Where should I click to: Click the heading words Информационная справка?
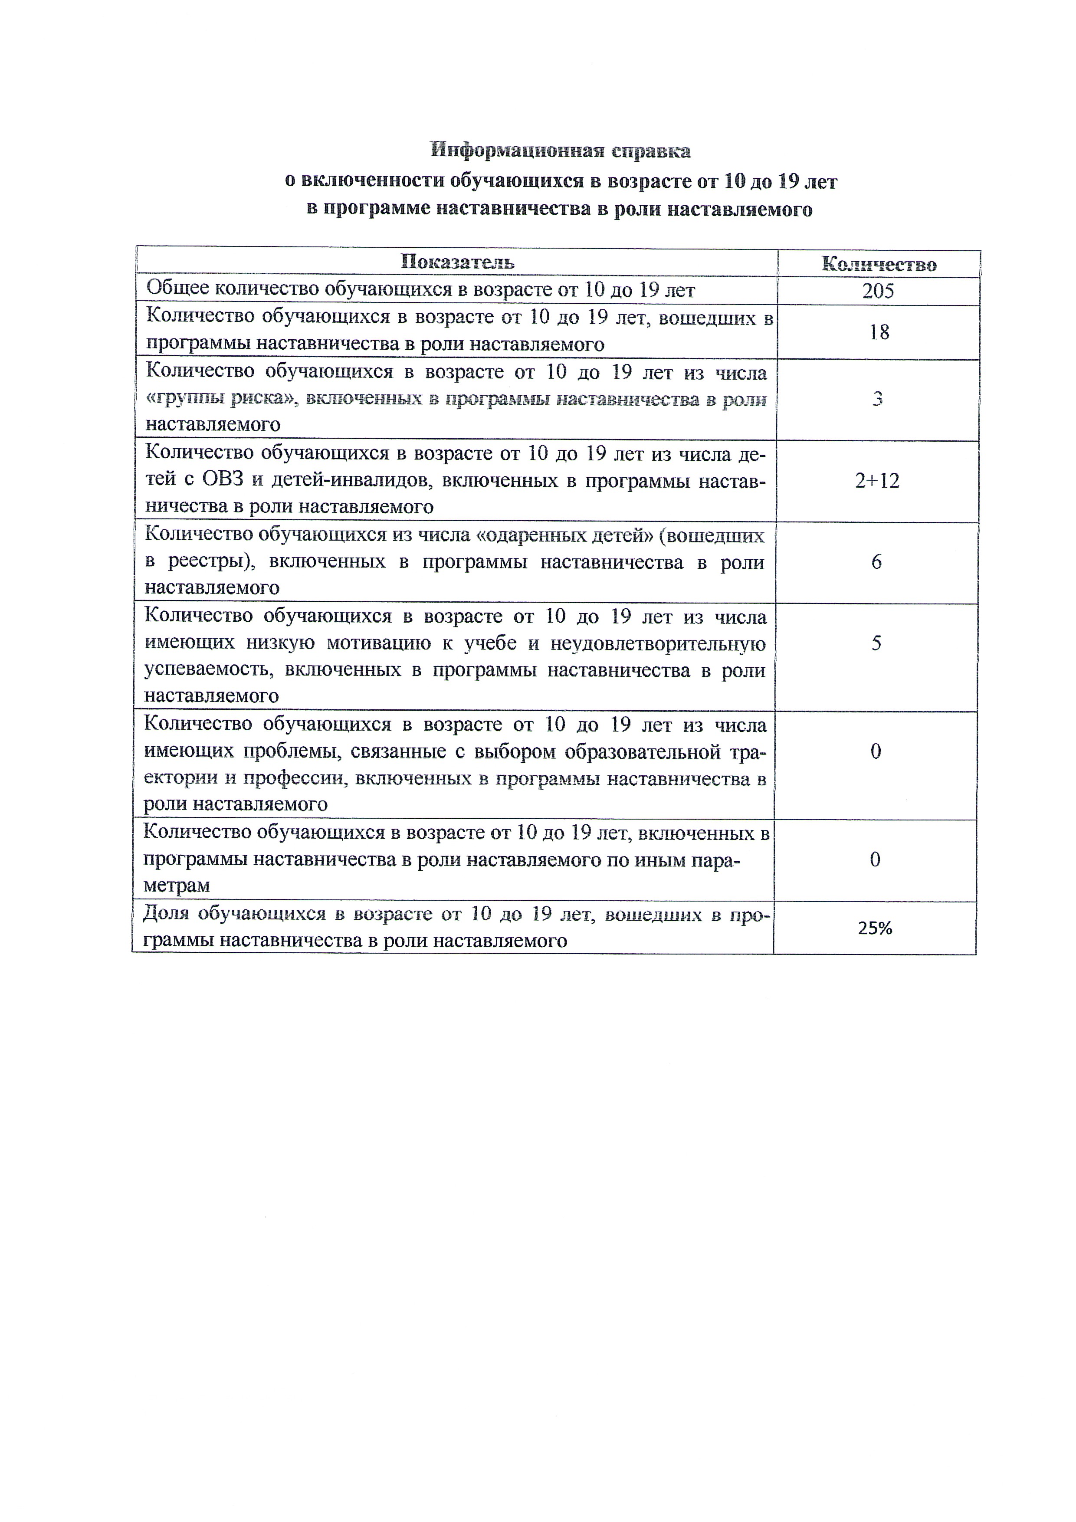[560, 151]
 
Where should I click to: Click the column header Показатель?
[457, 262]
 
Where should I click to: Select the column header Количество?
[879, 265]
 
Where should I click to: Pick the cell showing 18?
[879, 332]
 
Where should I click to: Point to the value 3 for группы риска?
[877, 399]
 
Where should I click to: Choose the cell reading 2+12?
[877, 481]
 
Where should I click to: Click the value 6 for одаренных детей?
[876, 562]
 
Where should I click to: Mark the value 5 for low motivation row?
[876, 643]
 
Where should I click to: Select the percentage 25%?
[875, 928]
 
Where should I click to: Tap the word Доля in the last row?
[166, 914]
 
